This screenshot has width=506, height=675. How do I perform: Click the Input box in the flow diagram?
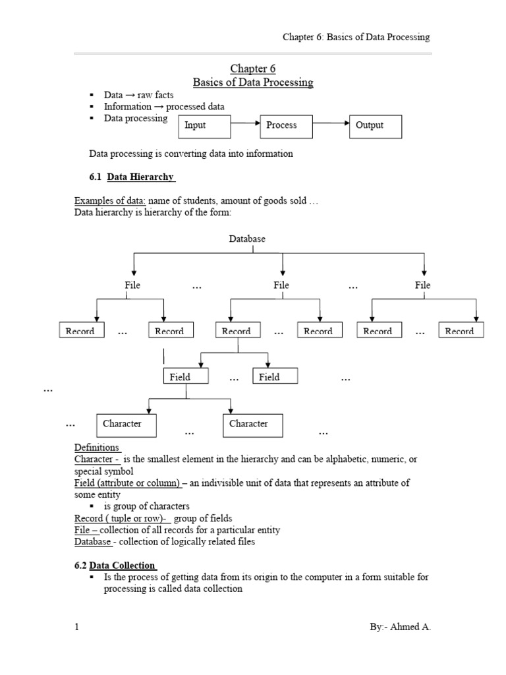(x=204, y=125)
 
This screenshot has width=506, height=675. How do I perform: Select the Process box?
(x=287, y=125)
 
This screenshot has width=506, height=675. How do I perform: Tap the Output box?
(x=375, y=125)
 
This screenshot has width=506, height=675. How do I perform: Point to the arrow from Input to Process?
(x=245, y=123)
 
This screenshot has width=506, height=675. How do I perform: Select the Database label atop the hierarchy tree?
(x=247, y=239)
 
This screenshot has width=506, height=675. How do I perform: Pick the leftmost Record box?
(x=80, y=331)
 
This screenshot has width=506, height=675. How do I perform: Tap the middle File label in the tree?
(x=281, y=285)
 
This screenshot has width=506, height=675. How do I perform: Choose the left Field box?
(x=186, y=376)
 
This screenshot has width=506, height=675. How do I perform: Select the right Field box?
(x=275, y=376)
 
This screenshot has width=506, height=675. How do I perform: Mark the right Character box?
(x=253, y=425)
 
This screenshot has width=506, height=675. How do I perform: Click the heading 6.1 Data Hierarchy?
(x=132, y=177)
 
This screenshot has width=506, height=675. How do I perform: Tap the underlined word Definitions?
(x=97, y=448)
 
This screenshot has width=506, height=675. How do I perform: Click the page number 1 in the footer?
(x=76, y=627)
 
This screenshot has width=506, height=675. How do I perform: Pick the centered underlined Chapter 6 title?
(x=252, y=69)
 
